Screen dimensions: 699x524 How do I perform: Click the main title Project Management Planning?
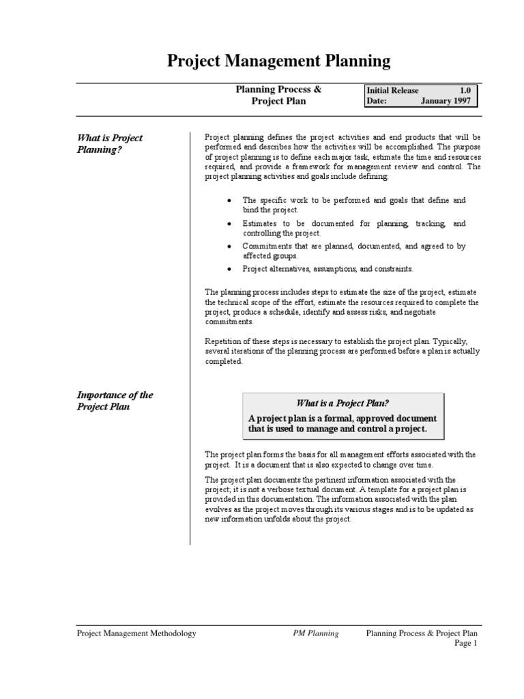pyautogui.click(x=279, y=61)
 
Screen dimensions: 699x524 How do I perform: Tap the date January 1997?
pyautogui.click(x=446, y=101)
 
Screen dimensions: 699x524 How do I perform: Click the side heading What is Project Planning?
pyautogui.click(x=109, y=144)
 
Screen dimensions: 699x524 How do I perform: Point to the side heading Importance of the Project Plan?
pyautogui.click(x=115, y=401)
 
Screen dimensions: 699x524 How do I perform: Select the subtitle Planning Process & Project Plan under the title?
pyautogui.click(x=278, y=96)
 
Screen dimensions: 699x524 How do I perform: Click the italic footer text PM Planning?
pyautogui.click(x=311, y=633)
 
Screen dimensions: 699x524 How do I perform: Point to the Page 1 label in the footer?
pyautogui.click(x=466, y=644)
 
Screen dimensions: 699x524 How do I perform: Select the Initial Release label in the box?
pyautogui.click(x=393, y=90)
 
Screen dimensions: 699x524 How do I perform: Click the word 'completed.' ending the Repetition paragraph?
pyautogui.click(x=224, y=362)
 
